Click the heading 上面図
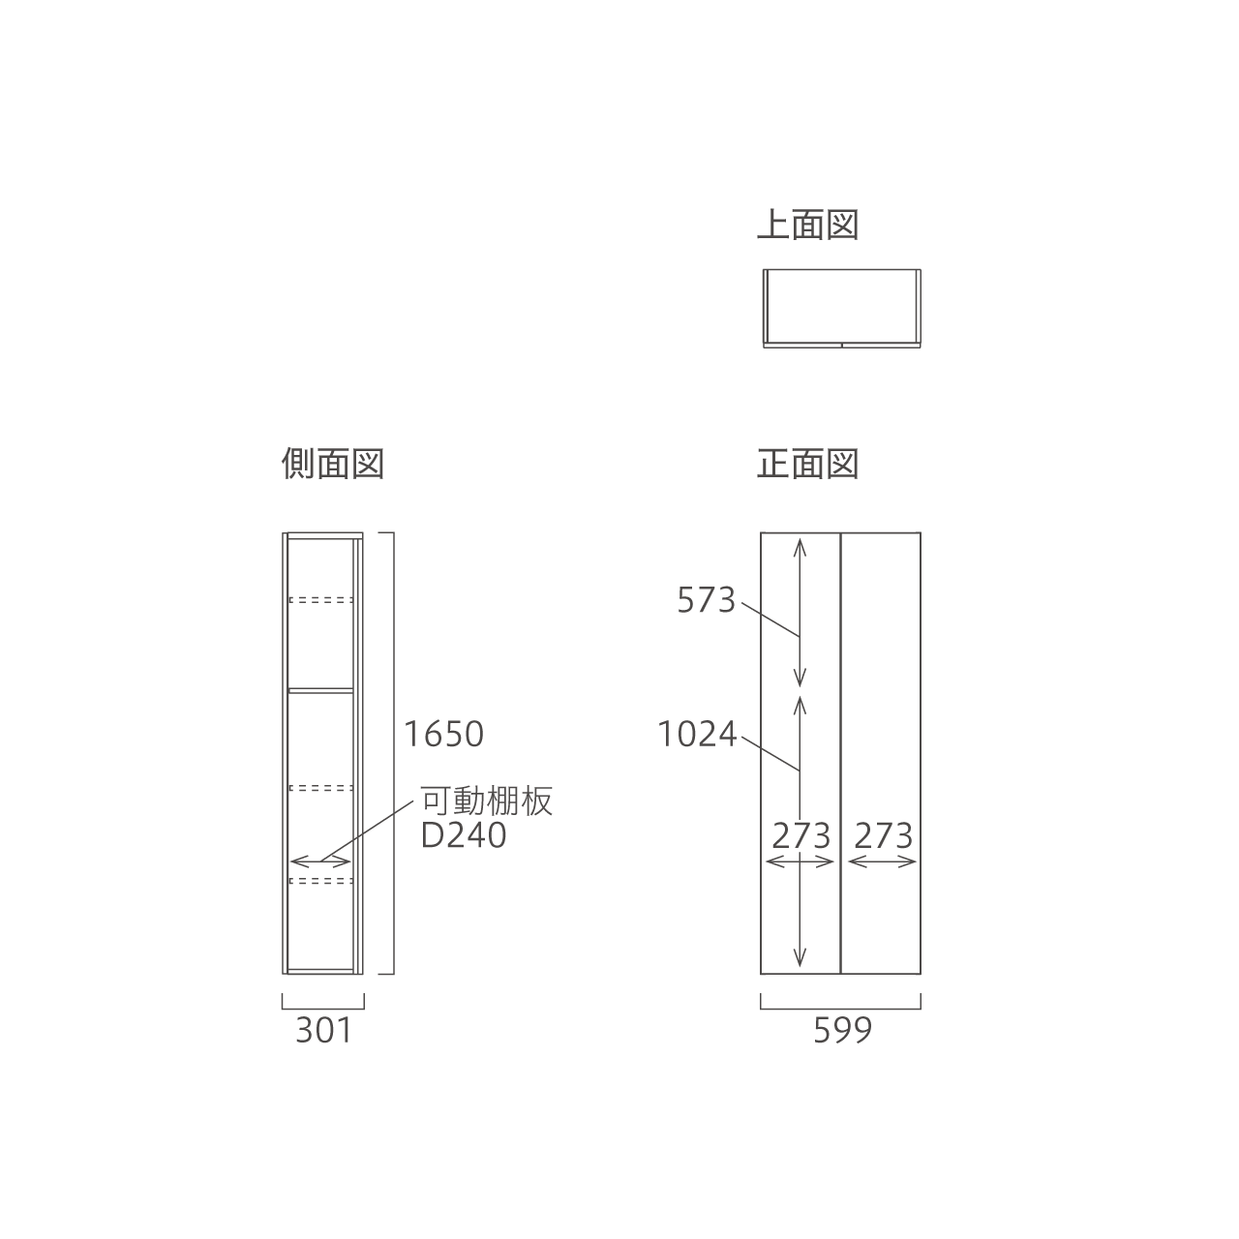(808, 225)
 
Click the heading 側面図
(333, 464)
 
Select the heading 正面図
(808, 464)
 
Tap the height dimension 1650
(443, 735)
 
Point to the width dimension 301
(324, 1031)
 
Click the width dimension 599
(843, 1031)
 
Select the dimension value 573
(706, 600)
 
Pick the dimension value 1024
(697, 735)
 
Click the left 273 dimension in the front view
(801, 836)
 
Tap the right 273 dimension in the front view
(884, 836)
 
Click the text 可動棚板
(487, 801)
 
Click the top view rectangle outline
(841, 269)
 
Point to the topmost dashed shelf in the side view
(320, 600)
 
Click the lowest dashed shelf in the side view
(320, 880)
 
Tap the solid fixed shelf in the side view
(320, 690)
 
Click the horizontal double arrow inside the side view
(320, 861)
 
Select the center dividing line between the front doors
(841, 753)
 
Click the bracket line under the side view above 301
(322, 1009)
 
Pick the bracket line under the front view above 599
(840, 1009)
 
